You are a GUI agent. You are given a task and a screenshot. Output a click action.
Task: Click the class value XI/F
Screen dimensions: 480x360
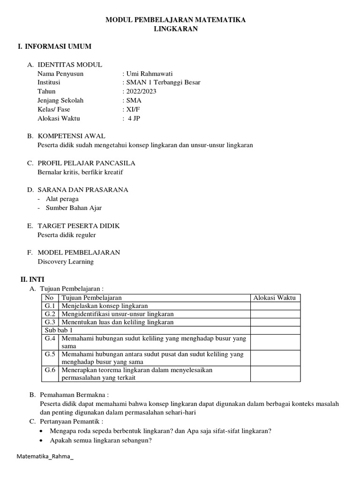(x=133, y=109)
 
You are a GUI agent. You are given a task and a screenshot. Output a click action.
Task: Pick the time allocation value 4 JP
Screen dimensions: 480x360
(x=134, y=118)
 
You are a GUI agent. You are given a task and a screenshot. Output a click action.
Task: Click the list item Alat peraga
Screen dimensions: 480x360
(x=62, y=199)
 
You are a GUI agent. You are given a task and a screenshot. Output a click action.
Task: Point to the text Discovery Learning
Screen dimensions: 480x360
(x=66, y=262)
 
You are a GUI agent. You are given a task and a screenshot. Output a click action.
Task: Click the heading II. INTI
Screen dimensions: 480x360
(x=32, y=279)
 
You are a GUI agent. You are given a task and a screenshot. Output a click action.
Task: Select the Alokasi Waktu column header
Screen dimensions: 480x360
(x=275, y=298)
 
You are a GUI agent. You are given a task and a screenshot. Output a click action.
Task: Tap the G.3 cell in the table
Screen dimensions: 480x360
(x=50, y=322)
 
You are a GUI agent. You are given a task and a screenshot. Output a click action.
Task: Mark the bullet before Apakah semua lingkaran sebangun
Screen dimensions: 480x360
(x=43, y=441)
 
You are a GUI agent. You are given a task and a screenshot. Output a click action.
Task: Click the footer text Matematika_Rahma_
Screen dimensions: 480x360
(x=45, y=457)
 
